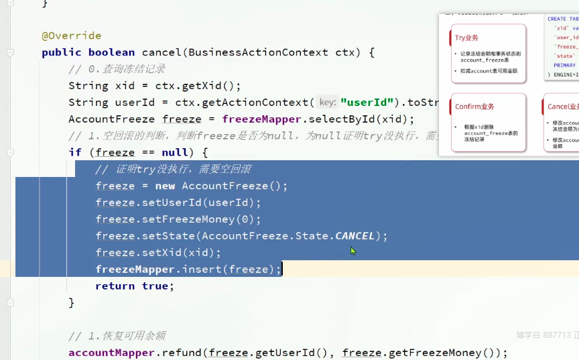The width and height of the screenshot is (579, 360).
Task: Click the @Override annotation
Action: pyautogui.click(x=71, y=36)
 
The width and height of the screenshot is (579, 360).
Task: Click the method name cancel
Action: pyautogui.click(x=162, y=52)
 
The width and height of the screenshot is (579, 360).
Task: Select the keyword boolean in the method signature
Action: pyautogui.click(x=111, y=52)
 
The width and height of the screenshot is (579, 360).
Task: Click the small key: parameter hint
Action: pyautogui.click(x=327, y=103)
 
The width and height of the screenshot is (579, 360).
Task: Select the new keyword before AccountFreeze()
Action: pyautogui.click(x=165, y=186)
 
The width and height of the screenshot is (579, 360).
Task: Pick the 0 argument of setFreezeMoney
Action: pyautogui.click(x=248, y=219)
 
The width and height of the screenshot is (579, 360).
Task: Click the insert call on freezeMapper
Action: pyautogui.click(x=201, y=269)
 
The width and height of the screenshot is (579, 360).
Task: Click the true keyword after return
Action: pyautogui.click(x=155, y=286)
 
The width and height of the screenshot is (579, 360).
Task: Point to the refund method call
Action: pyautogui.click(x=184, y=353)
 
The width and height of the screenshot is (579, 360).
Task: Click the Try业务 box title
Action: pyautogui.click(x=467, y=38)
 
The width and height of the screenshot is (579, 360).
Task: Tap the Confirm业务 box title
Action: pyautogui.click(x=474, y=107)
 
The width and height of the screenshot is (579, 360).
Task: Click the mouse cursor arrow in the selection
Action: pyautogui.click(x=352, y=251)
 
